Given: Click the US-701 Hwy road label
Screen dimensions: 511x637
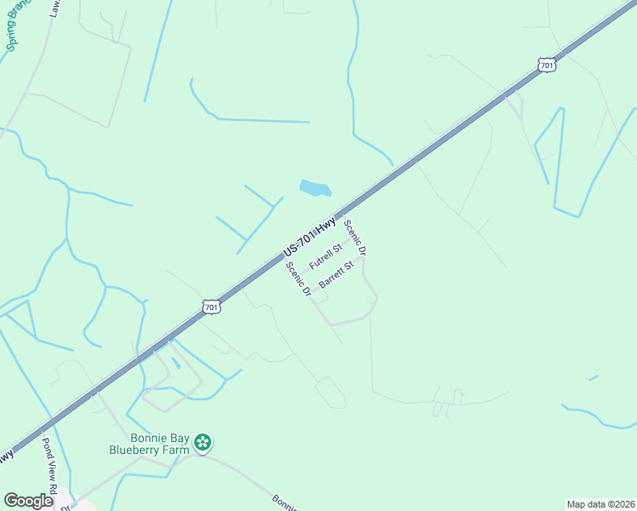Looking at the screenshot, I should click(x=310, y=238).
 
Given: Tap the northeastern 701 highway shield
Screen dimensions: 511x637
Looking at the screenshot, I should click(x=547, y=64).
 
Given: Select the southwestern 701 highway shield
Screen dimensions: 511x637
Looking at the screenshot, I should click(x=212, y=306).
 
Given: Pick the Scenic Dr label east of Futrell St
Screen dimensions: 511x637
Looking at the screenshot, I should click(x=354, y=238).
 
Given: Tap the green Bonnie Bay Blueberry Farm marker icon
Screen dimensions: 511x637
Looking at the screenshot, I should click(x=203, y=442).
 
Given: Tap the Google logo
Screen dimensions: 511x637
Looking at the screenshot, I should click(x=28, y=501).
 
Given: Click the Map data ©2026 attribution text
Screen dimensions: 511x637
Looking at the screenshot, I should click(x=600, y=504).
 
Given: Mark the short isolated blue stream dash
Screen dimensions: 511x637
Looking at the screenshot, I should click(x=594, y=377).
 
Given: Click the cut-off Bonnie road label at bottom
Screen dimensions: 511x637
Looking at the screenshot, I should click(x=286, y=502).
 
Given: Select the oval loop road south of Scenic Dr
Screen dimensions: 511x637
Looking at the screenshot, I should click(x=331, y=393).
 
